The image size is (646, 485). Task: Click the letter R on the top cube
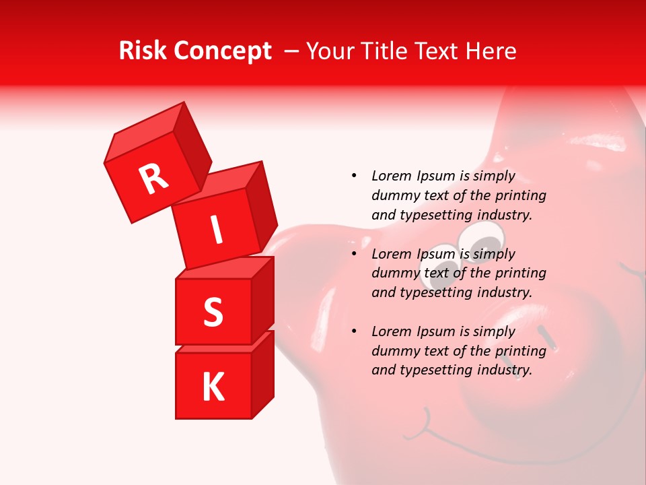pos(154,179)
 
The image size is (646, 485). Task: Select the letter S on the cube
pos(213,312)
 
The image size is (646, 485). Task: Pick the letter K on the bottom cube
pos(213,387)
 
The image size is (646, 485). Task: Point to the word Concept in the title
pos(222,52)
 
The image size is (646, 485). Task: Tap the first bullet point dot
pos(354,176)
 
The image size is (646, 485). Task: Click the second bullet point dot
pos(354,254)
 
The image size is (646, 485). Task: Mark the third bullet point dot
pos(354,331)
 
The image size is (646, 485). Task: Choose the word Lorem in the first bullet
pos(391,176)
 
